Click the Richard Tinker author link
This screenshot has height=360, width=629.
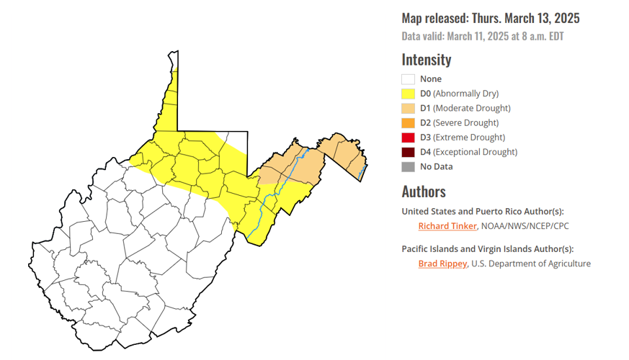pyautogui.click(x=447, y=226)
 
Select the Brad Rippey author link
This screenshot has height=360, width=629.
pyautogui.click(x=442, y=264)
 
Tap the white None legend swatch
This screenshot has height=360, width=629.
pyautogui.click(x=409, y=79)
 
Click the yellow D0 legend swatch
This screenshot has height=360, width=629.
pyautogui.click(x=409, y=94)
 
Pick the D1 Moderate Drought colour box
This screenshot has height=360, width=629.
pyautogui.click(x=409, y=108)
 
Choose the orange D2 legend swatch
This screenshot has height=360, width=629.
pyautogui.click(x=409, y=123)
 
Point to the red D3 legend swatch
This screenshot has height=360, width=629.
pyautogui.click(x=409, y=138)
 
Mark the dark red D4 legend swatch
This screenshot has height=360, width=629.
pyautogui.click(x=409, y=152)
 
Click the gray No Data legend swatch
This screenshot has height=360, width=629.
pyautogui.click(x=409, y=167)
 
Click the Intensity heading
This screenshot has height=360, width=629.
pyautogui.click(x=427, y=60)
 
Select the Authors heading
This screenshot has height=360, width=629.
pyautogui.click(x=424, y=192)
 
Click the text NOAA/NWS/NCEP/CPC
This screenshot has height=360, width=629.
pyautogui.click(x=525, y=226)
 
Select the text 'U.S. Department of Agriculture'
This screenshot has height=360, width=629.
pyautogui.click(x=532, y=264)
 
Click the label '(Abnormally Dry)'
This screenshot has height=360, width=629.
pyautogui.click(x=465, y=94)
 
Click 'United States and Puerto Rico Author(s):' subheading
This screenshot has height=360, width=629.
pyautogui.click(x=483, y=211)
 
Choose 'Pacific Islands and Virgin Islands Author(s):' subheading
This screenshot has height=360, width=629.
pyautogui.click(x=487, y=248)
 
